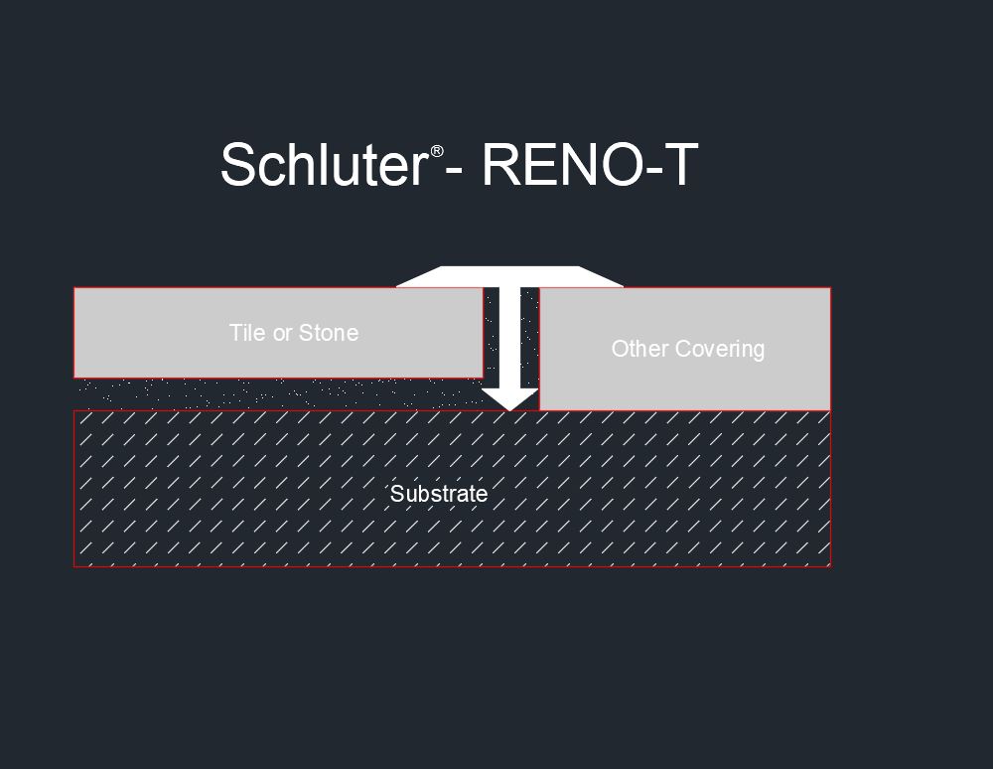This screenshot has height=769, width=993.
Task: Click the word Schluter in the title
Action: tap(325, 164)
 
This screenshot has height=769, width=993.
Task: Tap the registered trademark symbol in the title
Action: tap(437, 151)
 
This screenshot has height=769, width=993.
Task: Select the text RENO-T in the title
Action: tap(590, 164)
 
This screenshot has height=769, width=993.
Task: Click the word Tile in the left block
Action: tap(247, 333)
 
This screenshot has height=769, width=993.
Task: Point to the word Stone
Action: tap(328, 333)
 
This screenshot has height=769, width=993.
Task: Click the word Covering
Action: tap(719, 350)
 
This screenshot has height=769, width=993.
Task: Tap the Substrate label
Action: tap(439, 494)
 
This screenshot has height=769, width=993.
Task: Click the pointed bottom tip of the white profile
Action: tap(509, 410)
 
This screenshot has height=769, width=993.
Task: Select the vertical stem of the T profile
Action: tap(510, 339)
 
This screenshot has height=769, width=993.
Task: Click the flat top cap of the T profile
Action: tap(509, 277)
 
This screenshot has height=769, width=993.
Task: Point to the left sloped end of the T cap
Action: tap(419, 277)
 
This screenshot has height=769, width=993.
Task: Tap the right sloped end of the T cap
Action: tap(601, 277)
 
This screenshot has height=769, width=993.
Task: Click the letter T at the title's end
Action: tap(678, 164)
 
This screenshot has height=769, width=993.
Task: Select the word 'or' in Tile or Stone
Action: tap(282, 335)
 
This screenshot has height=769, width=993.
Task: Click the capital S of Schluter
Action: tap(237, 164)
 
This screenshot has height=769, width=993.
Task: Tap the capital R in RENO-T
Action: tap(500, 164)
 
